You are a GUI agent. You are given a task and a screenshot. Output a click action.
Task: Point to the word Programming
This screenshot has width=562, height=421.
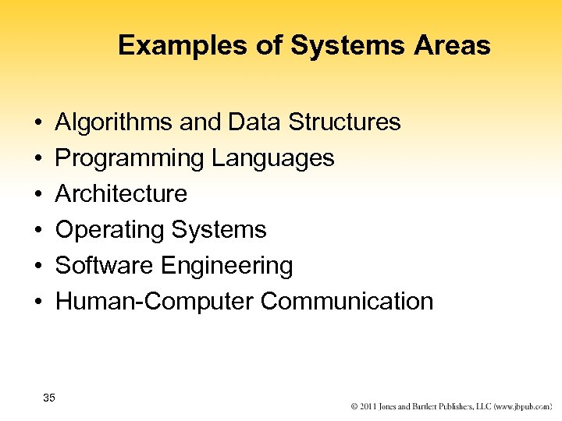[130, 158]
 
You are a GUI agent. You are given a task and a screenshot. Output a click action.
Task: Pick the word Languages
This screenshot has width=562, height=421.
[272, 158]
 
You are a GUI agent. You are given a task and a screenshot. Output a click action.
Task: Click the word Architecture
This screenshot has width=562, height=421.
[122, 194]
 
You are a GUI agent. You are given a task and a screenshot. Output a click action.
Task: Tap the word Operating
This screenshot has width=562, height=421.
[109, 230]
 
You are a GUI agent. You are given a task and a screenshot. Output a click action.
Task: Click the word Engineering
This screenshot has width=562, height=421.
[227, 266]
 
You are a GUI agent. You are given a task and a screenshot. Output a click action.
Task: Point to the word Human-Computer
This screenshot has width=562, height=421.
[155, 302]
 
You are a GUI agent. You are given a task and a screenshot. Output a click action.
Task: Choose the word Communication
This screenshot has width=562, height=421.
[347, 302]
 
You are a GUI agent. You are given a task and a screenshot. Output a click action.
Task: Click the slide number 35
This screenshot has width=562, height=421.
[49, 398]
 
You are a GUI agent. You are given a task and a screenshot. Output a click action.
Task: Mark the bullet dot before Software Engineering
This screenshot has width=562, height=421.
[37, 267]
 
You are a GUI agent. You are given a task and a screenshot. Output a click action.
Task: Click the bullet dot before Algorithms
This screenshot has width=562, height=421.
[37, 123]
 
